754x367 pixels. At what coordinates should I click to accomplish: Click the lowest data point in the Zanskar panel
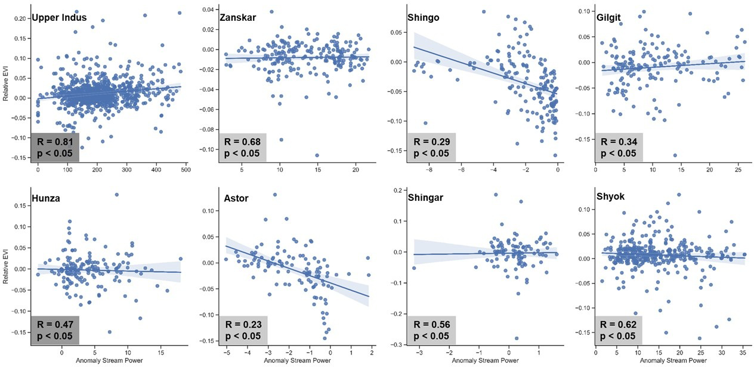[x=317, y=155]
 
